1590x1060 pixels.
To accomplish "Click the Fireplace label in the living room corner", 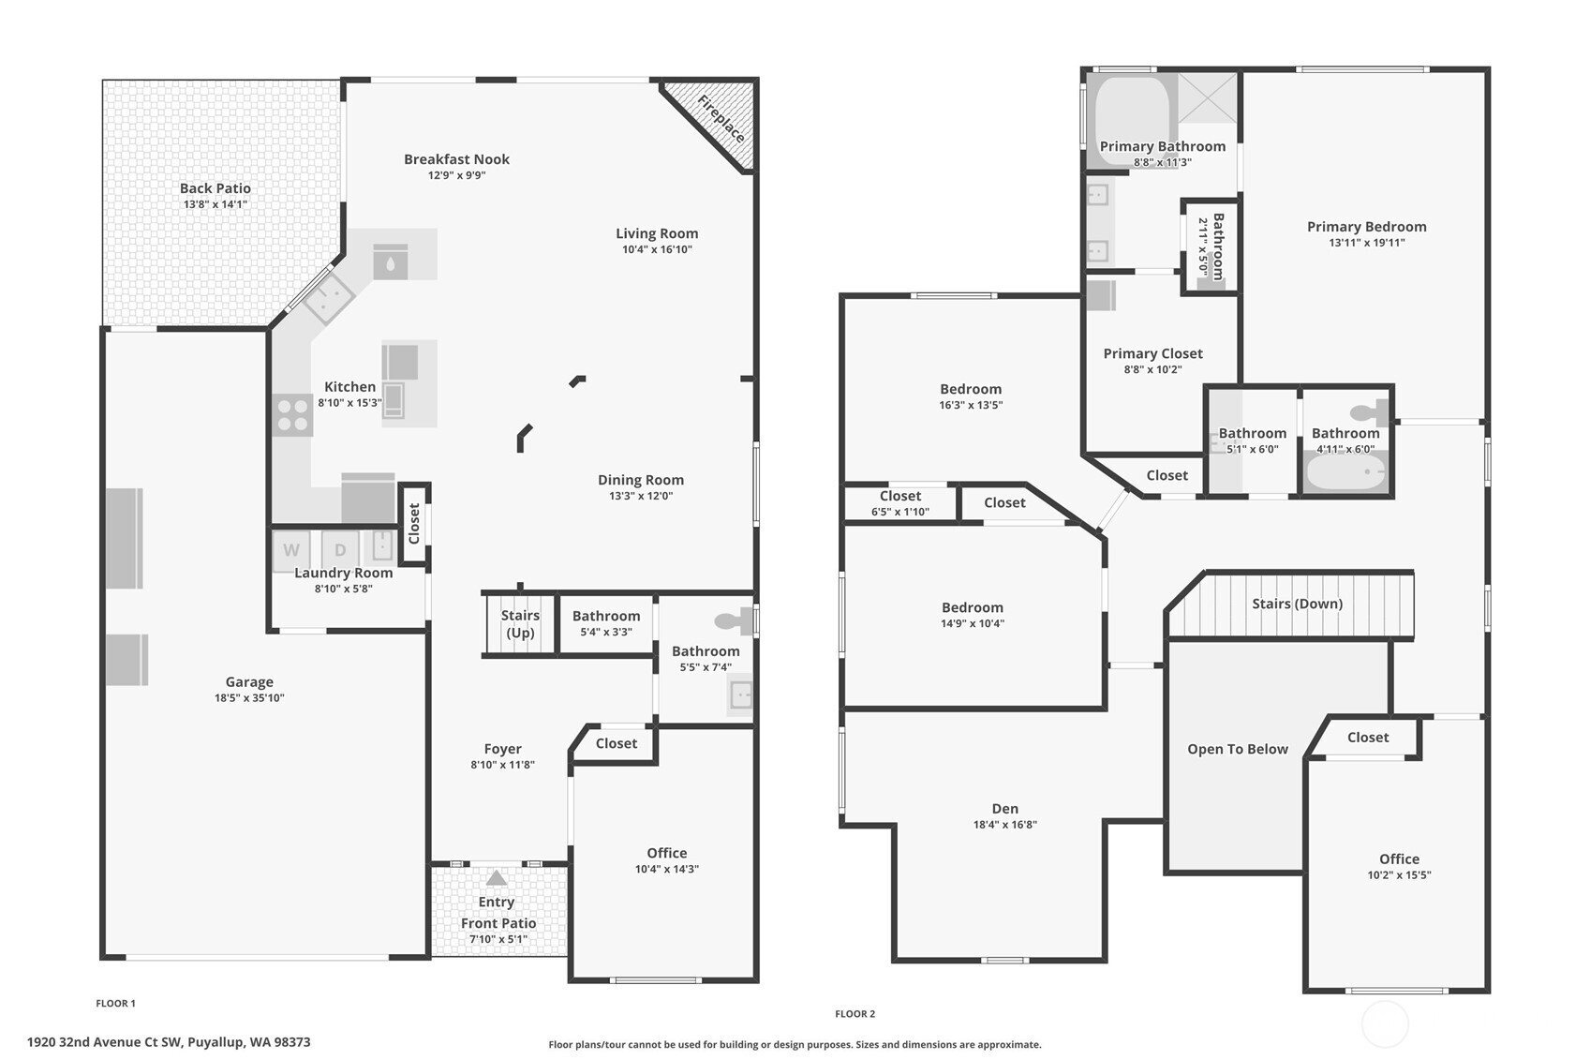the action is tap(721, 119).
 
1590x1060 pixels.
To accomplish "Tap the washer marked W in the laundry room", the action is tap(291, 549).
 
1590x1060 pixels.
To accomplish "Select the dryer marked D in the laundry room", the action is tap(340, 549).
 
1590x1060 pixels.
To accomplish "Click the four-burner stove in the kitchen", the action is tap(292, 415).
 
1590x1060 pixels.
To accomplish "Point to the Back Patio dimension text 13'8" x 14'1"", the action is tap(215, 204).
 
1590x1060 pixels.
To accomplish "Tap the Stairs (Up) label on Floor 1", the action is tap(520, 624).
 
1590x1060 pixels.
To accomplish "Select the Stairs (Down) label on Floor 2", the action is tap(1297, 604).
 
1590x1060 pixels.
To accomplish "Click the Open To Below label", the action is tap(1237, 749).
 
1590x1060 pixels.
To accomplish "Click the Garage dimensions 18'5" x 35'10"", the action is tap(249, 698).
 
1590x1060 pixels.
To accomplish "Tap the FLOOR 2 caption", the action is tap(854, 1014).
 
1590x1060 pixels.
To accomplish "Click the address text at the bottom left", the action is tap(169, 1042).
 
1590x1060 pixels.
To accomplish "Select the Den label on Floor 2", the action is tap(1005, 809).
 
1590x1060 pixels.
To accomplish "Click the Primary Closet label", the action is tap(1152, 353).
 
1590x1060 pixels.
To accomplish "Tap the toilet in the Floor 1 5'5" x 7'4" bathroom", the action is tap(734, 620).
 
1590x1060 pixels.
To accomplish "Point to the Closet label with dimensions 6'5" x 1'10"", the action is tap(900, 497).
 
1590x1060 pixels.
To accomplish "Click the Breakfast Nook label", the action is tap(456, 159).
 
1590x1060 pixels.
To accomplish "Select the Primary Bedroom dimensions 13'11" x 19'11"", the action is tap(1366, 243).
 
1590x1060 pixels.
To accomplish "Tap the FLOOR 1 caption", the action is tap(115, 1003).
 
